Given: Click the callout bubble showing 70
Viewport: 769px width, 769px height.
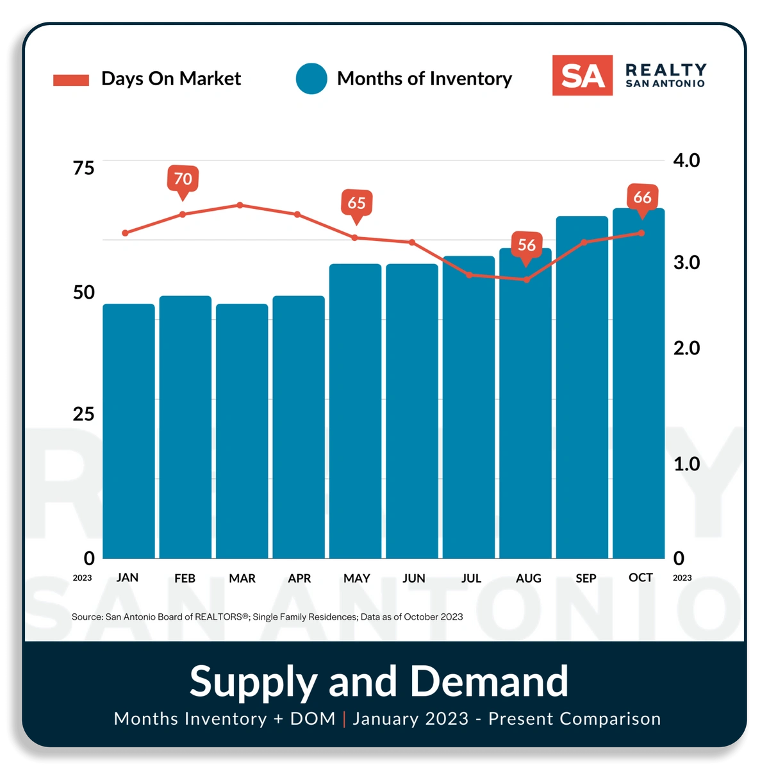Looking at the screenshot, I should [183, 179].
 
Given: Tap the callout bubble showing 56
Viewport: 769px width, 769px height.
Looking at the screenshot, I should [526, 245].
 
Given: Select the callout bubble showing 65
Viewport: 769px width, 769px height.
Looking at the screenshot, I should [356, 203].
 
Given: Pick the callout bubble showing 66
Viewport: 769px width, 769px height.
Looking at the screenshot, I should [642, 197].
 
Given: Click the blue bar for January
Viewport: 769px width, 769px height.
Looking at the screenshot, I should [129, 431].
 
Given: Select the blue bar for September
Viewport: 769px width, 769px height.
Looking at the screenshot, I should [582, 387].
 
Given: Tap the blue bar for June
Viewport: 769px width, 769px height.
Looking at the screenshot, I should [412, 411].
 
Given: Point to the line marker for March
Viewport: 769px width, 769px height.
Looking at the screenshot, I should [240, 205].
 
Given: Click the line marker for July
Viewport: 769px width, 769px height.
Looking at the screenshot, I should [469, 275].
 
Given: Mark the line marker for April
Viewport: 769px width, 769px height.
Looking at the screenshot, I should [297, 214].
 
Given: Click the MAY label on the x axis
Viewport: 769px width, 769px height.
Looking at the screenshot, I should [356, 578].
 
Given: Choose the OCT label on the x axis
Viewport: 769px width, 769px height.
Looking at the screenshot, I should [641, 577].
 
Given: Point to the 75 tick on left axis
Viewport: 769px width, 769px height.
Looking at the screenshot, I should [83, 168].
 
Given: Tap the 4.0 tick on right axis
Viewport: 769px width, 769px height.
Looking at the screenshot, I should [686, 160].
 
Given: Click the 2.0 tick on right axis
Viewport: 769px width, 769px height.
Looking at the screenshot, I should [686, 348].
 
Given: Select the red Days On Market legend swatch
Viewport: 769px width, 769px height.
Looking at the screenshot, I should [71, 79].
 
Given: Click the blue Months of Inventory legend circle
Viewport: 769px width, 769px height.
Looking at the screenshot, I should [311, 79].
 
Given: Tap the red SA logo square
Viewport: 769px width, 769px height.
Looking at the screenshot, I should [582, 76].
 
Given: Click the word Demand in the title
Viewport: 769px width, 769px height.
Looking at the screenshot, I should [489, 681].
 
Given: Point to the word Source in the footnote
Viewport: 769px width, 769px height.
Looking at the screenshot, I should [87, 616].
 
